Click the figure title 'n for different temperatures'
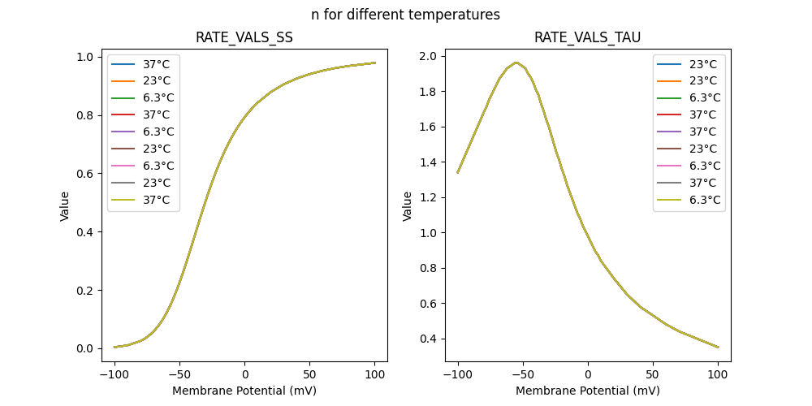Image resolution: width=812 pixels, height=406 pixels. pyautogui.click(x=405, y=15)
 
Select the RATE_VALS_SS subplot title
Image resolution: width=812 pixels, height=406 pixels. pyautogui.click(x=244, y=37)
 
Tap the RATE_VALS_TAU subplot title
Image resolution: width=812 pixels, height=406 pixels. pyautogui.click(x=587, y=37)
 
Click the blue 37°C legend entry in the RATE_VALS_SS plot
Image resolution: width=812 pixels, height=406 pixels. pyautogui.click(x=143, y=63)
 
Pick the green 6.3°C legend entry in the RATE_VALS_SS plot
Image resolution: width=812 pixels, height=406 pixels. pyautogui.click(x=143, y=97)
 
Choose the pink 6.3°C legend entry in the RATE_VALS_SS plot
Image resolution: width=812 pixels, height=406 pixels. pyautogui.click(x=143, y=166)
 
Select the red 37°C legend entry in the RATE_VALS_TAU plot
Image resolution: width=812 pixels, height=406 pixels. pyautogui.click(x=689, y=114)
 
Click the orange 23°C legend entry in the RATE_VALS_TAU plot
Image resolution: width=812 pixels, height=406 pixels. pyautogui.click(x=689, y=80)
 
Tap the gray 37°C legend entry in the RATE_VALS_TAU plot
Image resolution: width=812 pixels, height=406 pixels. pyautogui.click(x=689, y=183)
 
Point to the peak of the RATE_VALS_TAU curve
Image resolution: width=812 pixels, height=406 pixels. pyautogui.click(x=516, y=63)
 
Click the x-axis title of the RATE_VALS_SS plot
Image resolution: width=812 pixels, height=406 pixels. pyautogui.click(x=244, y=391)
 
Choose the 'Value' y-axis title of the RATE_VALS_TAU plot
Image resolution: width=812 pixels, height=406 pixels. pyautogui.click(x=408, y=205)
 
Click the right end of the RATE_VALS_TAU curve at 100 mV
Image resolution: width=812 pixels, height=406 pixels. pyautogui.click(x=718, y=348)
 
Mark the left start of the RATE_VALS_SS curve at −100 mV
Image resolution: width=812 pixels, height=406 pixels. pyautogui.click(x=114, y=347)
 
